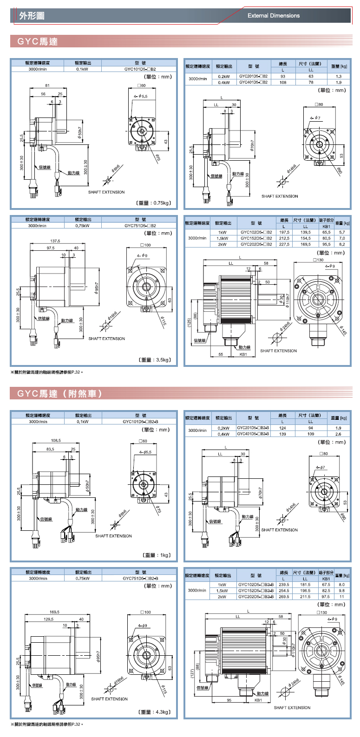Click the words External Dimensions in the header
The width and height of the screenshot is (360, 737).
[274, 16]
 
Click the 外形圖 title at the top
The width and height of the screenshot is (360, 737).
[32, 16]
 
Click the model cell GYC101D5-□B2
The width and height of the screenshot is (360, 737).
[140, 69]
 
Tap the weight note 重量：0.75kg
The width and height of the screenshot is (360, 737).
[154, 203]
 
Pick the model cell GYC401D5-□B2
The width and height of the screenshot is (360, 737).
[253, 82]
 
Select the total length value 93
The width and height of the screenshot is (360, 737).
[283, 76]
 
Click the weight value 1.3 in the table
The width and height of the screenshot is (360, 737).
[339, 76]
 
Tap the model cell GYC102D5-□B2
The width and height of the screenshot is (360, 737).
[256, 232]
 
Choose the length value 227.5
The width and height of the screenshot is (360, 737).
[284, 244]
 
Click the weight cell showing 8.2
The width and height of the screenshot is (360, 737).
[342, 244]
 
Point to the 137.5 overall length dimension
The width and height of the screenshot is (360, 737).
[55, 241]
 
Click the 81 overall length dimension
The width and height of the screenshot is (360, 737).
[47, 86]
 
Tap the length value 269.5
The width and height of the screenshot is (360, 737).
[284, 597]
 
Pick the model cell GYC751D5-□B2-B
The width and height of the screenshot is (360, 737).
[140, 579]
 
